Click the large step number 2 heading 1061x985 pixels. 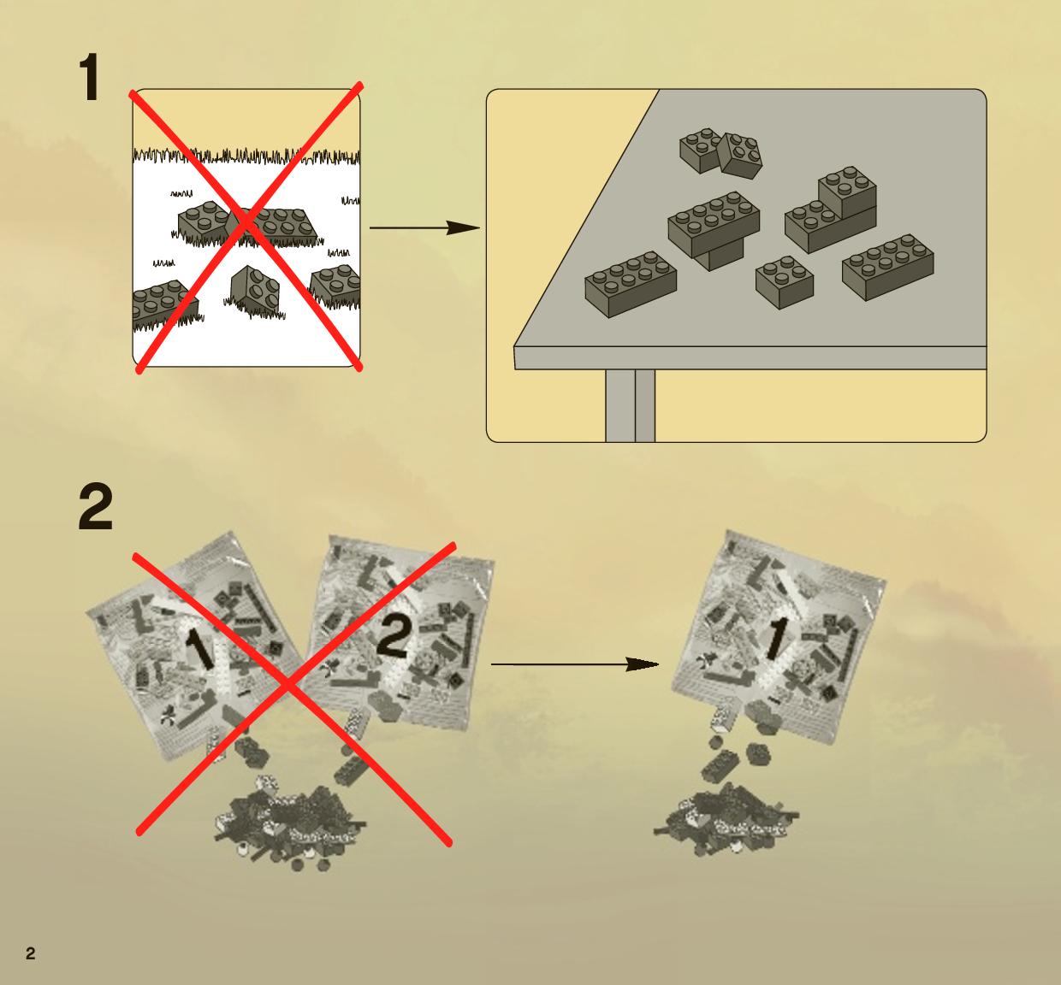coord(96,507)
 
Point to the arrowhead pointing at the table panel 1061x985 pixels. coord(463,228)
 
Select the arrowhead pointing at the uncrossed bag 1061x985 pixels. coord(642,664)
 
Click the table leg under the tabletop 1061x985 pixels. coord(630,405)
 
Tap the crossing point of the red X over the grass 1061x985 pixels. coord(246,225)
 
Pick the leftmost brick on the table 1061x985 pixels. coord(631,284)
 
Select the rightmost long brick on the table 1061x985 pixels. coord(888,267)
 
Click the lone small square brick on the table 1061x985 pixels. coord(785,282)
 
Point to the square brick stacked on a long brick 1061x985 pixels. coord(847,192)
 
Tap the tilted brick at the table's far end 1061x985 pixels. coord(740,155)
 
